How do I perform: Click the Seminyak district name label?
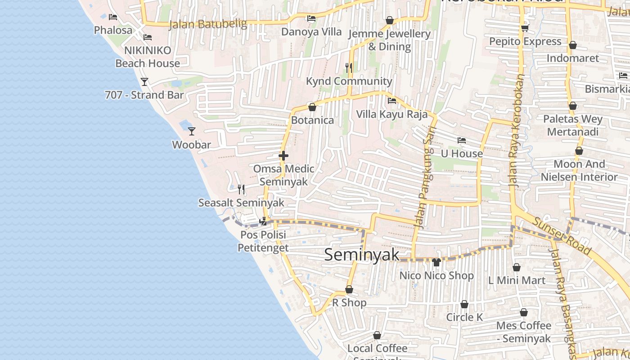pyautogui.click(x=361, y=255)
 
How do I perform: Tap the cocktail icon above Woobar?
pyautogui.click(x=192, y=131)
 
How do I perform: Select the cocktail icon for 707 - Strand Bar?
pyautogui.click(x=144, y=81)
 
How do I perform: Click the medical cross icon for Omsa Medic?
pyautogui.click(x=283, y=156)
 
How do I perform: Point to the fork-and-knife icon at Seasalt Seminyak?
pyautogui.click(x=241, y=189)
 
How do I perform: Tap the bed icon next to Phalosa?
pyautogui.click(x=113, y=17)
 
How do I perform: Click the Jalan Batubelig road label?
pyautogui.click(x=208, y=24)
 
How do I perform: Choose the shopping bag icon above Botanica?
pyautogui.click(x=312, y=107)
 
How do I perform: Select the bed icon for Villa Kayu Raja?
pyautogui.click(x=392, y=101)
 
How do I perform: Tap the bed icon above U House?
pyautogui.click(x=462, y=140)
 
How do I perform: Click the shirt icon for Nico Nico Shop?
pyautogui.click(x=436, y=262)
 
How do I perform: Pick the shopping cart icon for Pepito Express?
pyautogui.click(x=525, y=28)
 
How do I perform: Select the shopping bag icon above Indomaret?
pyautogui.click(x=573, y=45)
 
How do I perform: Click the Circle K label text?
pyautogui.click(x=464, y=317)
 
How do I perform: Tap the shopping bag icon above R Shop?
pyautogui.click(x=349, y=289)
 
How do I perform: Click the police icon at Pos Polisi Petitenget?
pyautogui.click(x=263, y=221)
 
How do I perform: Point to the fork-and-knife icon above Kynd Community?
pyautogui.click(x=349, y=67)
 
